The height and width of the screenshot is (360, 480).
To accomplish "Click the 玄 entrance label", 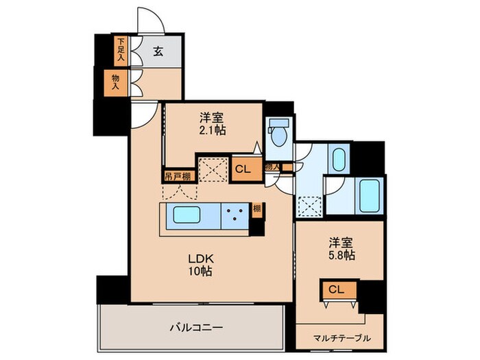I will (157, 50).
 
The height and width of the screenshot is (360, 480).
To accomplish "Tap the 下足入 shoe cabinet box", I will (120, 50).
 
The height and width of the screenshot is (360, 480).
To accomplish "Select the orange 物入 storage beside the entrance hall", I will (116, 83).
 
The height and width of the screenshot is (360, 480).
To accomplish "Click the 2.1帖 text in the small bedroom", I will (213, 130).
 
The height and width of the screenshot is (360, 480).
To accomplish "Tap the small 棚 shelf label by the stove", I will (256, 210).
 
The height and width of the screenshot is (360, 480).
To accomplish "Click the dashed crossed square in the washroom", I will (309, 204).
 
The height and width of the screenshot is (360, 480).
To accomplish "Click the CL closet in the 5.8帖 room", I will (335, 290).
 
